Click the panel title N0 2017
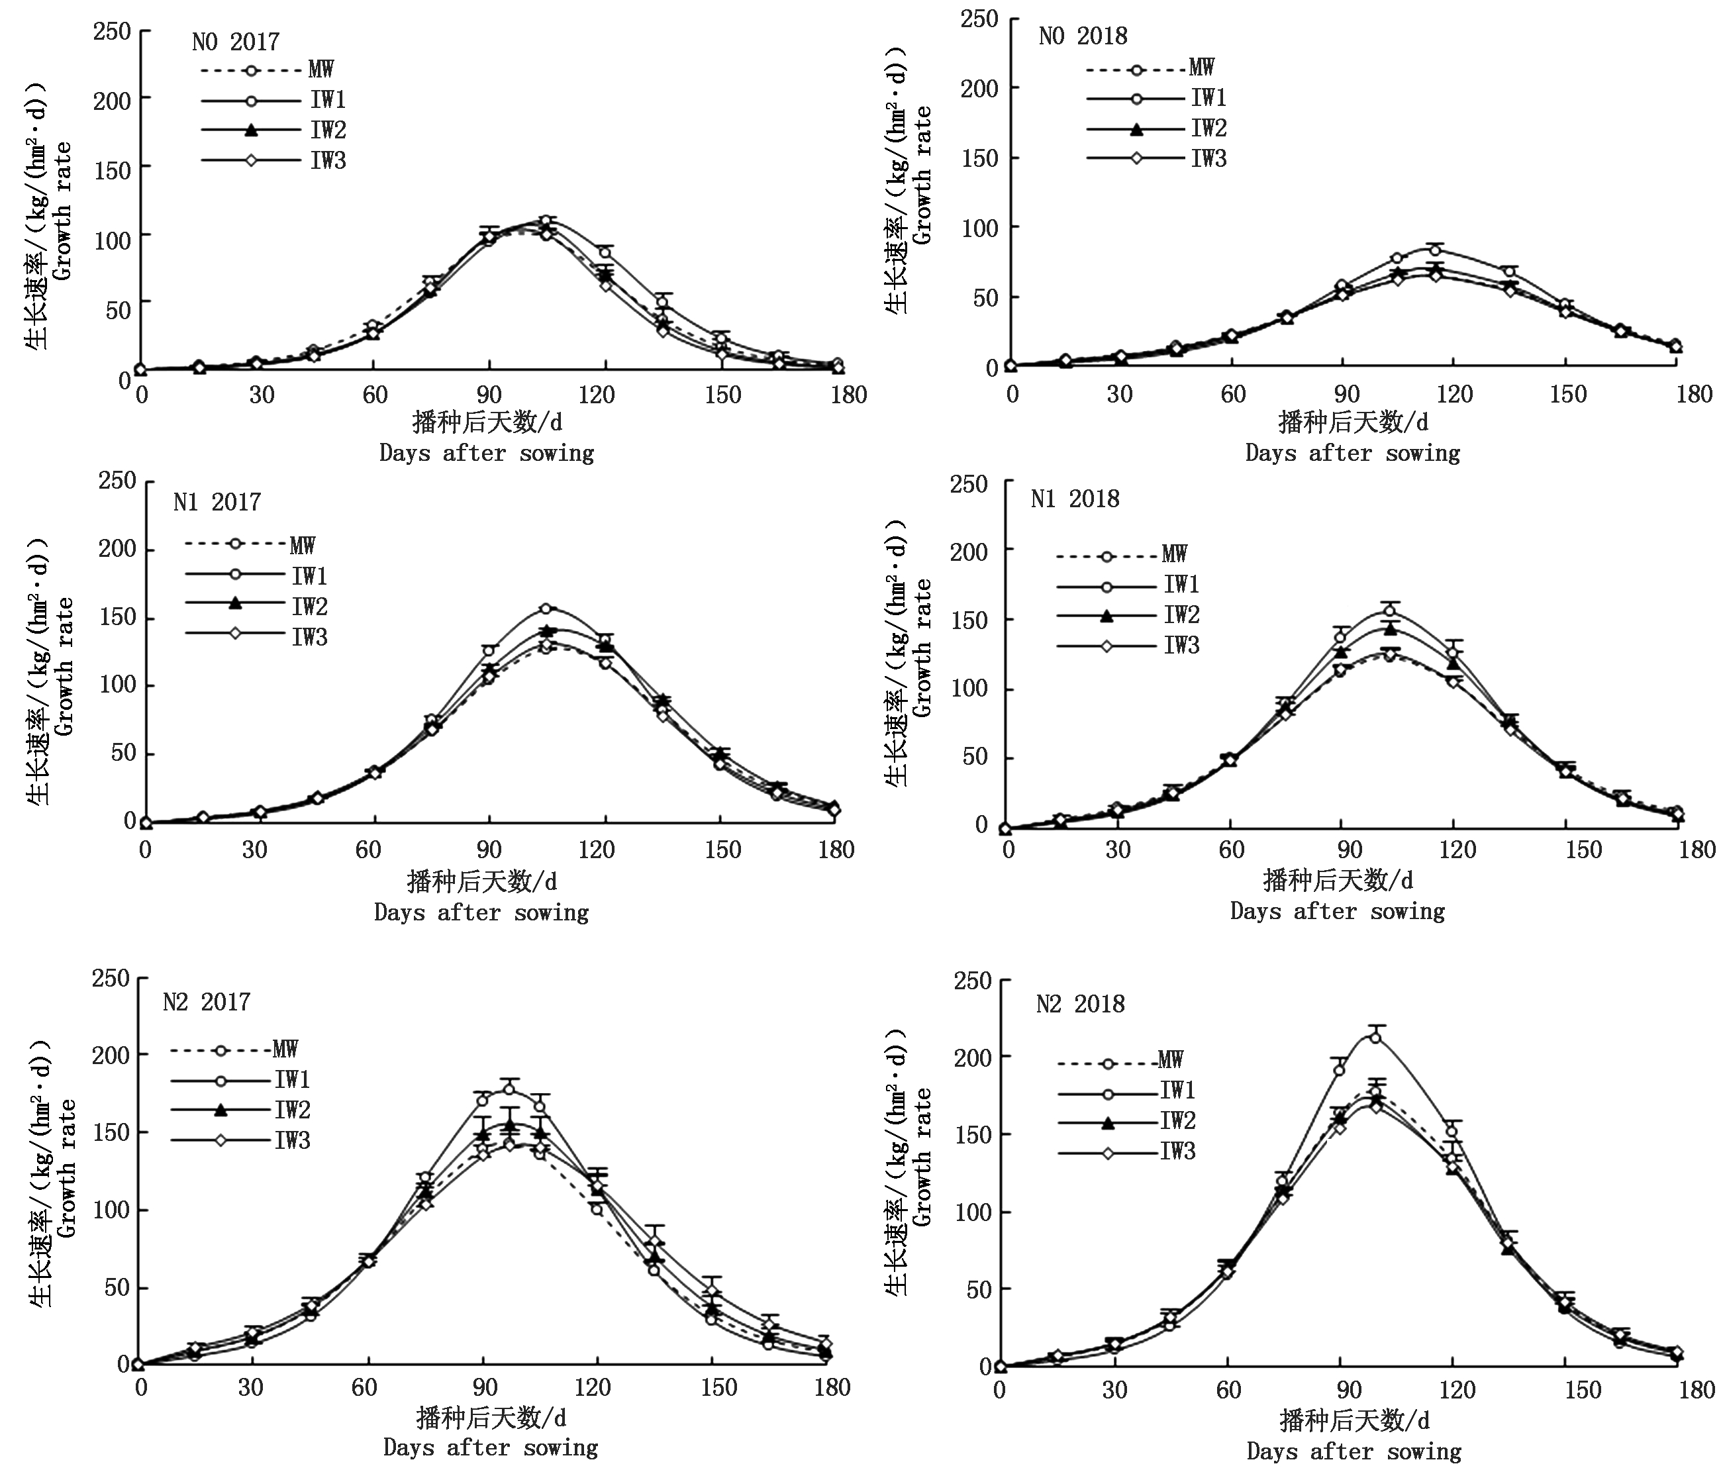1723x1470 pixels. pyautogui.click(x=235, y=42)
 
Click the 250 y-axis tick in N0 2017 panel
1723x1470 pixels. pyautogui.click(x=113, y=32)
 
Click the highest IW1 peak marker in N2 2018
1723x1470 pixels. pyautogui.click(x=1375, y=1037)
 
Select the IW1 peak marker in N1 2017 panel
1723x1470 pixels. pyautogui.click(x=546, y=609)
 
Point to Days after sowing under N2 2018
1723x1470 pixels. pyautogui.click(x=1354, y=1451)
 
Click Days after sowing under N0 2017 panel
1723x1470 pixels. pyautogui.click(x=487, y=453)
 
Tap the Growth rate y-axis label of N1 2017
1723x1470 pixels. pyautogui.click(x=64, y=665)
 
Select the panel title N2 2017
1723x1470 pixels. pyautogui.click(x=206, y=1002)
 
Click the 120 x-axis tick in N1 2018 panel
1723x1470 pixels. pyautogui.click(x=1457, y=850)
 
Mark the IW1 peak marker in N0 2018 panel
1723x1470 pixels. pyautogui.click(x=1434, y=250)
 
